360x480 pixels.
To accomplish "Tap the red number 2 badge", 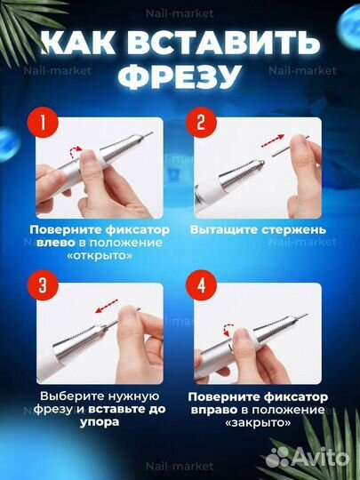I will pyautogui.click(x=202, y=124).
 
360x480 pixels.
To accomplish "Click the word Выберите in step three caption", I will pyautogui.click(x=66, y=396).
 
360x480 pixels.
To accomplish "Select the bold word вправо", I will pyautogui.click(x=219, y=411).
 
